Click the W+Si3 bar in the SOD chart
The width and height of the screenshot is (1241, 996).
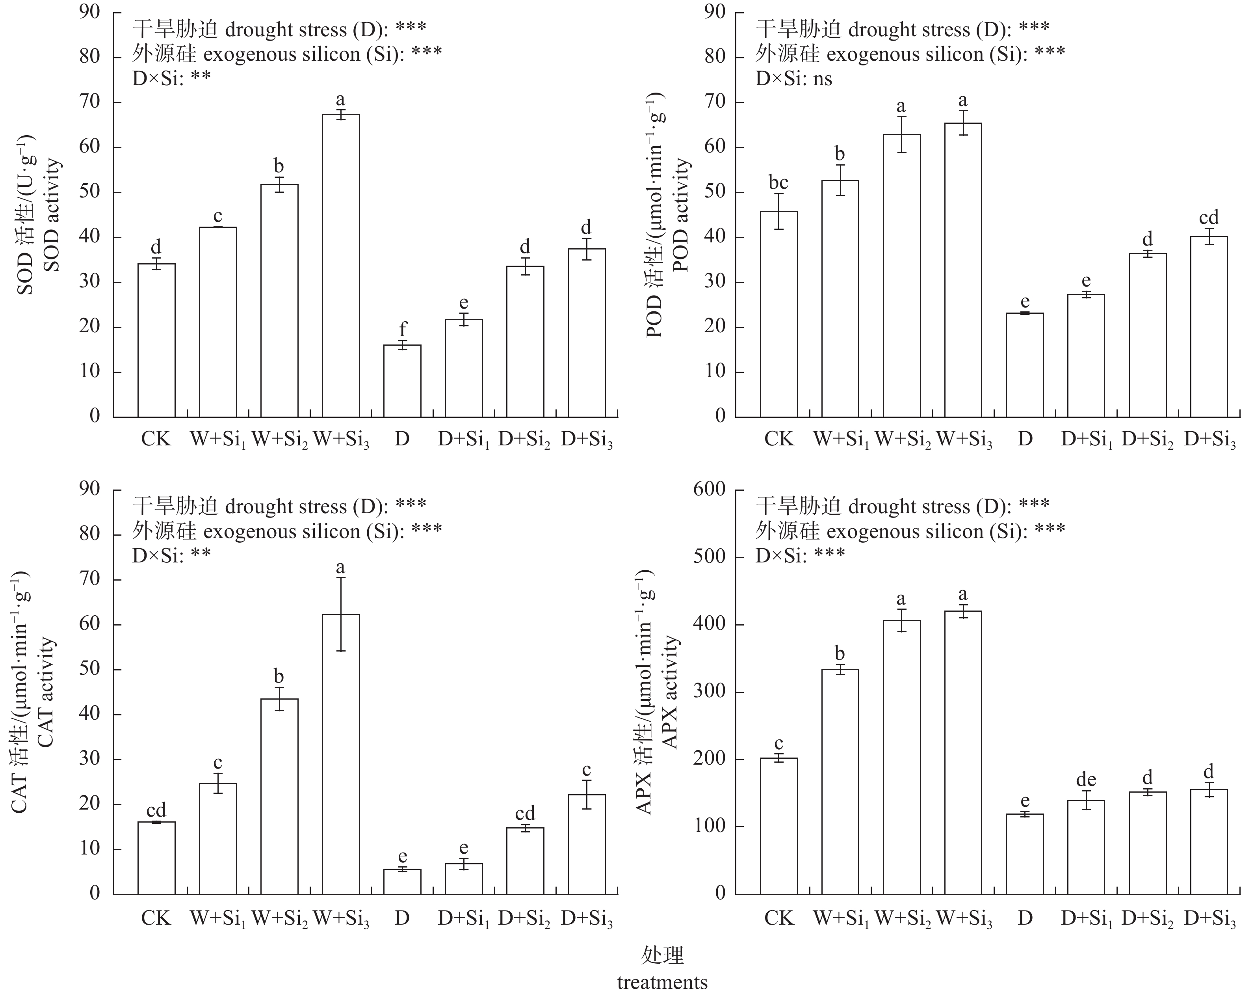341,265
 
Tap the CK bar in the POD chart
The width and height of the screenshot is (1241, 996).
779,314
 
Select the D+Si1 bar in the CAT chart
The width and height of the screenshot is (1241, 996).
464,879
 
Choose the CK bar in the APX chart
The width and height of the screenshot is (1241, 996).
779,826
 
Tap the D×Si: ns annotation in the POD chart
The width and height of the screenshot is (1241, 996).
794,78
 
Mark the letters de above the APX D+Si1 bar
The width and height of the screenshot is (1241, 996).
1086,780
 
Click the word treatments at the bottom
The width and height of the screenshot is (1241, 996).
662,981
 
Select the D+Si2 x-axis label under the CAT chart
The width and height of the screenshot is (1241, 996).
524,918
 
